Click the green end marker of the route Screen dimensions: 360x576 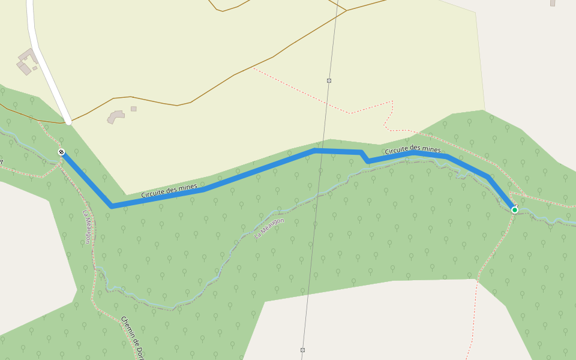(x=514, y=210)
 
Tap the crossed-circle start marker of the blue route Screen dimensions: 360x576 (x=61, y=152)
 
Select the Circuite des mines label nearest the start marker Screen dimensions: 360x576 (x=169, y=191)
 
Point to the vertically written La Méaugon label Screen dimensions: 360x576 (x=87, y=226)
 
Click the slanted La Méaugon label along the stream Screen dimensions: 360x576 (x=269, y=228)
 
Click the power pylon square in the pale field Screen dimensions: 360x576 (x=329, y=80)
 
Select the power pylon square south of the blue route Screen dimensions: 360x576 (x=303, y=350)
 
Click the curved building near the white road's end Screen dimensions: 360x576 (x=115, y=116)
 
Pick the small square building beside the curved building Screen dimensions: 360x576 (x=133, y=109)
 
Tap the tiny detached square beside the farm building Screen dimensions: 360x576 (x=35, y=68)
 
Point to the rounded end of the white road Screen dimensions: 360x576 (x=68, y=121)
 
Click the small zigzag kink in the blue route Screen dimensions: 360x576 (x=364, y=157)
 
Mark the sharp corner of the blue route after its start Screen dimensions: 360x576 (x=112, y=206)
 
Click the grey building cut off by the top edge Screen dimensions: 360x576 (x=553, y=2)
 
